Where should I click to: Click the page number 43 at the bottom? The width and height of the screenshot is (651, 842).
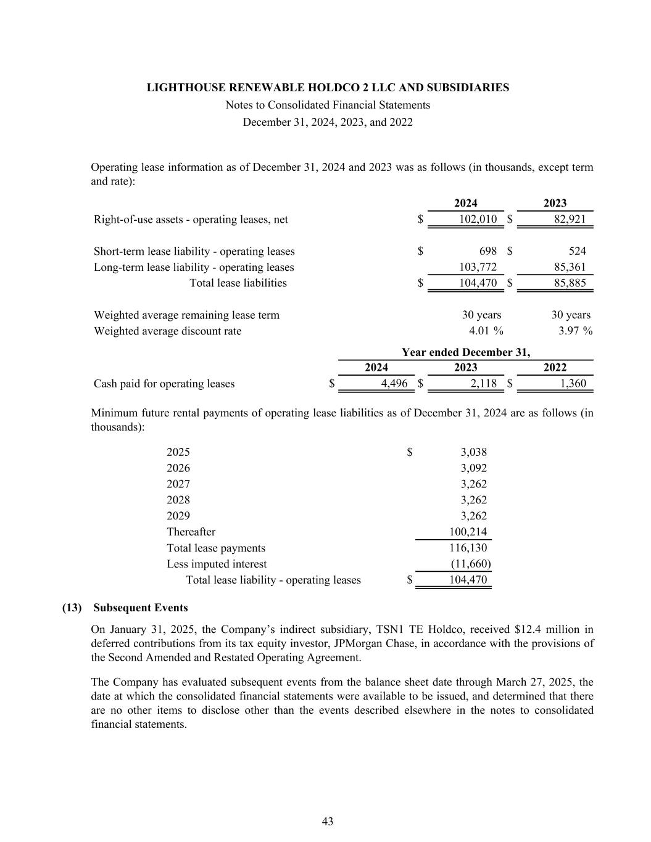pyautogui.click(x=328, y=821)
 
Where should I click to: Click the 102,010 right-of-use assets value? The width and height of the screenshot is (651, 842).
pyautogui.click(x=478, y=219)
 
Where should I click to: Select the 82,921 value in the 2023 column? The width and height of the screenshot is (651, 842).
pyautogui.click(x=570, y=219)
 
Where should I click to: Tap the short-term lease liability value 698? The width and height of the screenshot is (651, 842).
pyautogui.click(x=487, y=251)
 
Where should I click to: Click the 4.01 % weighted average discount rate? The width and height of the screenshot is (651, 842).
pyautogui.click(x=486, y=331)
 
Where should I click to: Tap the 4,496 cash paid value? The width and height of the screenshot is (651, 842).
pyautogui.click(x=394, y=384)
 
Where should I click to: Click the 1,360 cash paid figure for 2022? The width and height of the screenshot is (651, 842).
pyautogui.click(x=573, y=384)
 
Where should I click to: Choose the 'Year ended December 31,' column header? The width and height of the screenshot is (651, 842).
pyautogui.click(x=466, y=352)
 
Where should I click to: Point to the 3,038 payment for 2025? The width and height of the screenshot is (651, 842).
pyautogui.click(x=473, y=452)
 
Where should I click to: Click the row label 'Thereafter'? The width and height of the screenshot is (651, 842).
pyautogui.click(x=191, y=532)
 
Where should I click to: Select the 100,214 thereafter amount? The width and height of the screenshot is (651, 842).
pyautogui.click(x=468, y=532)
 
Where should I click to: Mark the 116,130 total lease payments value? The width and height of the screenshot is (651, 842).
pyautogui.click(x=468, y=548)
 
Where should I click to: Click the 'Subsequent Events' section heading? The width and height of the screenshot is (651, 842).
pyautogui.click(x=141, y=608)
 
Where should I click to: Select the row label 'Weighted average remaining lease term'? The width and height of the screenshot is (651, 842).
pyautogui.click(x=186, y=315)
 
